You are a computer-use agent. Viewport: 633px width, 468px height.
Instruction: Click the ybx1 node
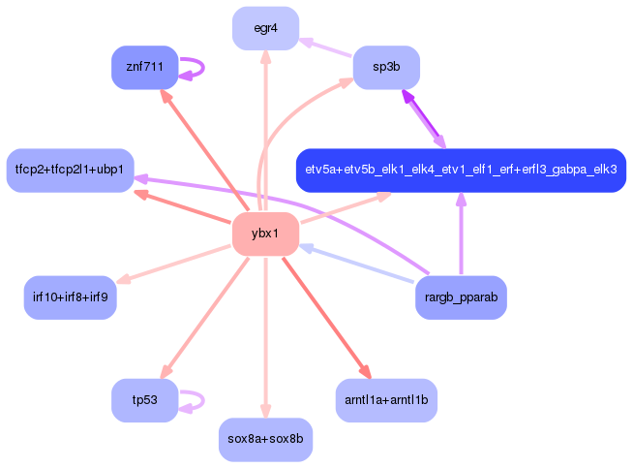click(x=264, y=234)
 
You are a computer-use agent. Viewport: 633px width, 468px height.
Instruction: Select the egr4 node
click(x=265, y=28)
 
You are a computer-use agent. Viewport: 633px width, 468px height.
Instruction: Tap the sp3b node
click(x=385, y=66)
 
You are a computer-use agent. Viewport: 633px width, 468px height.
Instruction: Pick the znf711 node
click(x=144, y=67)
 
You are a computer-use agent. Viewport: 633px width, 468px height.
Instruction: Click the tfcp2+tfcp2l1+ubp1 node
click(x=69, y=170)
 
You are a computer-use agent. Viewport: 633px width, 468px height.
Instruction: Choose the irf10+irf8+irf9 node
click(x=70, y=296)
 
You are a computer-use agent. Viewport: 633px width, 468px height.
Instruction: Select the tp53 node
click(x=144, y=399)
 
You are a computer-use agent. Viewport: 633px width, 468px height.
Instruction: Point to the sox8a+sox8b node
click(x=265, y=439)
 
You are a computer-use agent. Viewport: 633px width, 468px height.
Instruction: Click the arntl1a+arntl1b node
click(x=385, y=399)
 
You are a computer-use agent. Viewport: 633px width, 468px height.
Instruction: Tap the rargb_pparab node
click(x=460, y=296)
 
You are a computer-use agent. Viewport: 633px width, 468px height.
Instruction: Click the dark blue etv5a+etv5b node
click(x=461, y=170)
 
